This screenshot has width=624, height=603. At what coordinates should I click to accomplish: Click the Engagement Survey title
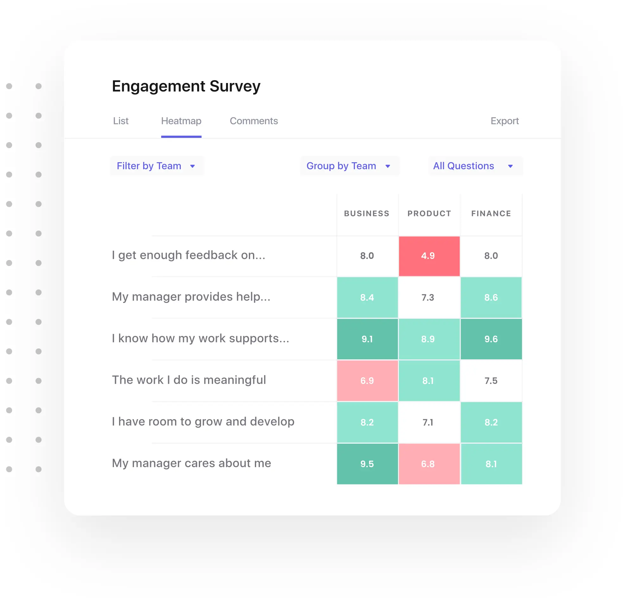[x=186, y=86]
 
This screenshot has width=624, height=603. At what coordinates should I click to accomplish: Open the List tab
[x=121, y=121]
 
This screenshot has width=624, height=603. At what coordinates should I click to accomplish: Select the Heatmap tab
[x=181, y=121]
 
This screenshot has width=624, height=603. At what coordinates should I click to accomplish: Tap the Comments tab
[x=254, y=121]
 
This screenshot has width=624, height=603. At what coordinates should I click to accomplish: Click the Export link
[x=504, y=121]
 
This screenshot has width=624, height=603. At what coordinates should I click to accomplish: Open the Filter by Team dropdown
[x=156, y=166]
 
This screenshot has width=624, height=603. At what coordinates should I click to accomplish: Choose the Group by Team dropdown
[x=349, y=166]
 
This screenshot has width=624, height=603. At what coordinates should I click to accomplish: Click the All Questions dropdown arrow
[x=510, y=166]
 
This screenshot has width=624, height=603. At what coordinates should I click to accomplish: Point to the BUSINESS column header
[x=366, y=213]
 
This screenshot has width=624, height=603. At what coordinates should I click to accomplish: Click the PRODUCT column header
[x=429, y=213]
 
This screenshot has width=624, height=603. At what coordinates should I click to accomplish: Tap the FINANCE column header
[x=491, y=213]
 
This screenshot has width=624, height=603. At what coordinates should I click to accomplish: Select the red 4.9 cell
[x=429, y=256]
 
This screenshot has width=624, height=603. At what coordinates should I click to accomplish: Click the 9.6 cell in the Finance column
[x=491, y=339]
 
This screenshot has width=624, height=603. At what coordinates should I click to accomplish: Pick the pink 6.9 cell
[x=367, y=381]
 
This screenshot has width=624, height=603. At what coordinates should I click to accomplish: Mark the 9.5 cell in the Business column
[x=367, y=464]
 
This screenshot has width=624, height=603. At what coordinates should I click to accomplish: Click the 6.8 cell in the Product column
[x=429, y=464]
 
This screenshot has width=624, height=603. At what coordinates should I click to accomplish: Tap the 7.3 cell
[x=429, y=297]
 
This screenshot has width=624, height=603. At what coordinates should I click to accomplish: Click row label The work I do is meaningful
[x=189, y=380]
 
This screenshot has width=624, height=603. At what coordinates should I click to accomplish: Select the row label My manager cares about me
[x=191, y=463]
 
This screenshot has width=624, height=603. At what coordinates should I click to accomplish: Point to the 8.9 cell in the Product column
[x=429, y=339]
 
